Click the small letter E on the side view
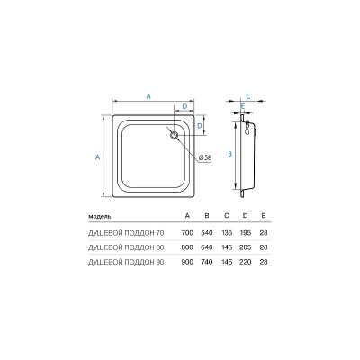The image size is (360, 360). (x=243, y=106)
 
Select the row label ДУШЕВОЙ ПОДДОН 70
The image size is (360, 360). (x=125, y=232)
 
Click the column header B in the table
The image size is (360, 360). (x=206, y=217)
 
